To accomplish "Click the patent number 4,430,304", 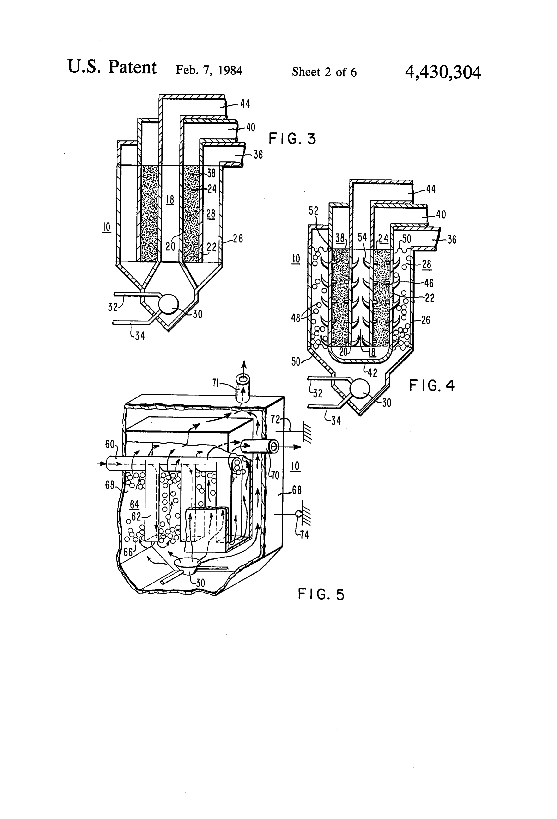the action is click(443, 73).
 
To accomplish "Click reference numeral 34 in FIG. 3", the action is click(140, 336).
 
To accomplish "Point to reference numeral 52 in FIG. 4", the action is click(313, 211).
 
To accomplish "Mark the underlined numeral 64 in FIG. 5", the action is click(134, 505).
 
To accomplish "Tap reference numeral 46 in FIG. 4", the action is click(429, 283).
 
